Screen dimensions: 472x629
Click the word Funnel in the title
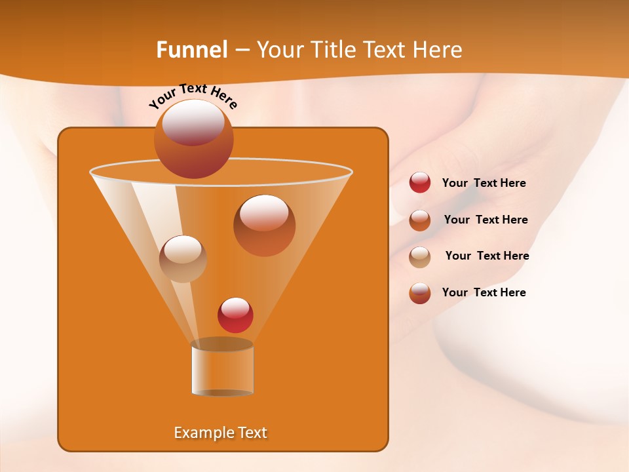(x=191, y=50)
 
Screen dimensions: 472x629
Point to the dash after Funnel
(x=242, y=50)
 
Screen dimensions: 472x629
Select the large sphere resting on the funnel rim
(x=193, y=139)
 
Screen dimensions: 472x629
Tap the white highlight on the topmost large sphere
(x=193, y=121)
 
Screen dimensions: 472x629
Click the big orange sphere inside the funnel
(x=264, y=226)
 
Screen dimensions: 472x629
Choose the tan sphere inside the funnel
(x=183, y=259)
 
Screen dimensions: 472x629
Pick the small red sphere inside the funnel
(x=235, y=315)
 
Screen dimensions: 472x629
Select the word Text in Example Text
(x=251, y=433)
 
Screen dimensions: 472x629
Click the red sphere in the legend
(x=420, y=183)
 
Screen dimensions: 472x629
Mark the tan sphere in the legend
(x=420, y=256)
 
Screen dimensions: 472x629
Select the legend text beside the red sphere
(x=484, y=183)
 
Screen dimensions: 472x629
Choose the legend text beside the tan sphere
(x=487, y=256)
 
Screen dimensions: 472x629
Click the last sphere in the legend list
(x=420, y=293)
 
